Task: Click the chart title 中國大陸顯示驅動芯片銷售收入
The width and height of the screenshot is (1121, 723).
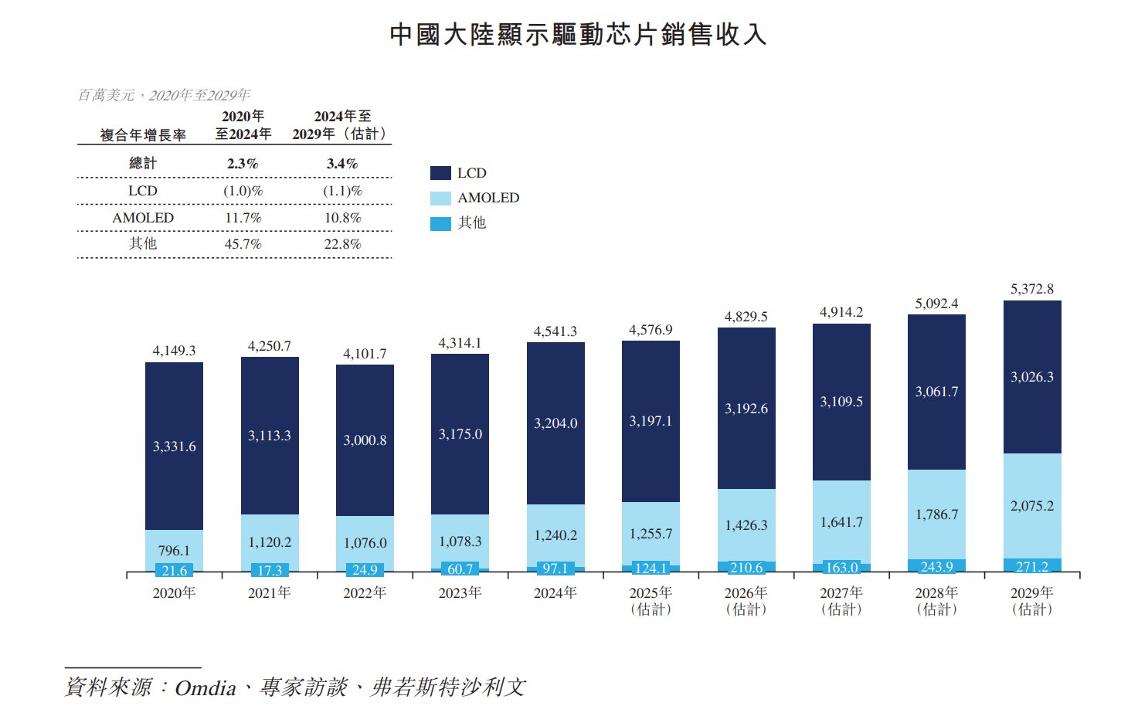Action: click(578, 35)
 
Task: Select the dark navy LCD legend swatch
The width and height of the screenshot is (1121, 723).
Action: click(440, 173)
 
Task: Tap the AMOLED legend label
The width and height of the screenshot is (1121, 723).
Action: click(488, 198)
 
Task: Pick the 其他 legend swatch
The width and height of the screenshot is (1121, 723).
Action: click(440, 223)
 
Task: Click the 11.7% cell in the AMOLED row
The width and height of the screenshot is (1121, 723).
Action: click(243, 218)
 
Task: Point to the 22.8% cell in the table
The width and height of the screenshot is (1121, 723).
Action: click(342, 244)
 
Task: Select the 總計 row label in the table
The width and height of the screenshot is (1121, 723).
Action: click(143, 163)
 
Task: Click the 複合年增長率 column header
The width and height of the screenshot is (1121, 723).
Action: click(143, 135)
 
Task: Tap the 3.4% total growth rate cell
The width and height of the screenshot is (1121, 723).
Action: click(342, 164)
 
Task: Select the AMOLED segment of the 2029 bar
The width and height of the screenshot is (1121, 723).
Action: click(1032, 506)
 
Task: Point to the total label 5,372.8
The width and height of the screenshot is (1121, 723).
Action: click(1032, 289)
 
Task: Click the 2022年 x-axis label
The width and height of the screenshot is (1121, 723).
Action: click(365, 592)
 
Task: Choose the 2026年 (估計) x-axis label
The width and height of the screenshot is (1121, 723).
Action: click(746, 600)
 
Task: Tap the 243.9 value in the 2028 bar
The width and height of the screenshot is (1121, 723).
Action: click(936, 567)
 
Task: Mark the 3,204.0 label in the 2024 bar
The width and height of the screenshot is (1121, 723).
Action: click(555, 423)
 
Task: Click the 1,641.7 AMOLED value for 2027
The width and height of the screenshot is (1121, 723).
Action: click(841, 522)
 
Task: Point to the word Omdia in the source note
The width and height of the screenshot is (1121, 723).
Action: click(206, 687)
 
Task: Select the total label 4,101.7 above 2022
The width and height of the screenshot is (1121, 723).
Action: click(365, 354)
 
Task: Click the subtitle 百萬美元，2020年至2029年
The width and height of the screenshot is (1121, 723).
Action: click(164, 95)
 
